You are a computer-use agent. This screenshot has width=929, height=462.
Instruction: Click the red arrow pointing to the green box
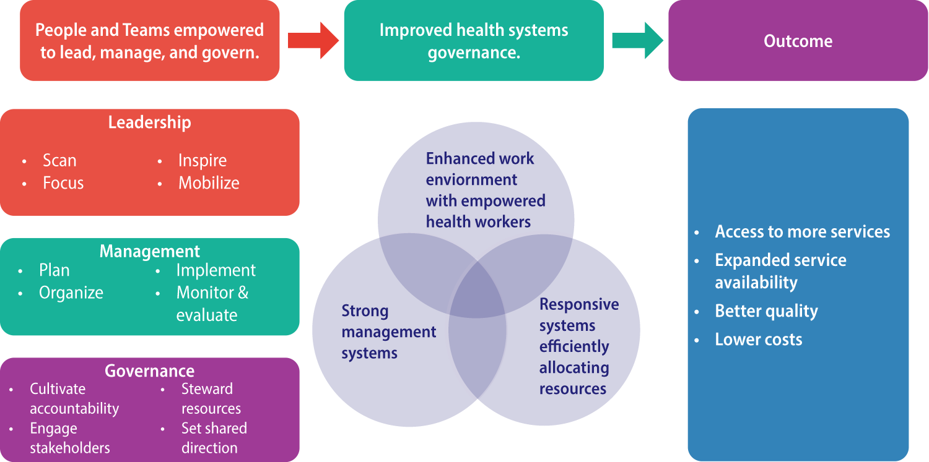(313, 41)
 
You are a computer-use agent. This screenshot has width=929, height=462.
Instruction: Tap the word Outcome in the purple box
(798, 41)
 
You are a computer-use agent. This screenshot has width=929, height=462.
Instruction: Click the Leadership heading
(149, 122)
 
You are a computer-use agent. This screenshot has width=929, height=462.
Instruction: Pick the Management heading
(149, 251)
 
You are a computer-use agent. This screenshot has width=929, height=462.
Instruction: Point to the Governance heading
(149, 371)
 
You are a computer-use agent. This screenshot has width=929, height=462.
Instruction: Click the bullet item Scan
(59, 161)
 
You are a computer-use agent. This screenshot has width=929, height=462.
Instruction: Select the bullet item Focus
(63, 183)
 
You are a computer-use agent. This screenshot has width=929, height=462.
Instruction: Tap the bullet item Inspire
(203, 161)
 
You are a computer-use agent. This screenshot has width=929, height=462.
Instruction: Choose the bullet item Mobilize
(209, 183)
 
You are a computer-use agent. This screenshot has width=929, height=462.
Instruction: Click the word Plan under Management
(55, 270)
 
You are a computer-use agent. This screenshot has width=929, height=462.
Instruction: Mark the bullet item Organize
(71, 293)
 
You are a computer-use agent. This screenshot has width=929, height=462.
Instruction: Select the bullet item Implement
(216, 270)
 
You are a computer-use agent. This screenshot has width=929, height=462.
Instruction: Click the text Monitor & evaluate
(212, 304)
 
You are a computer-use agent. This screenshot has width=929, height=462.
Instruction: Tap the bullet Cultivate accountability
(74, 399)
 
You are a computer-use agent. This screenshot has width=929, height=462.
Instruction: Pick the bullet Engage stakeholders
(69, 438)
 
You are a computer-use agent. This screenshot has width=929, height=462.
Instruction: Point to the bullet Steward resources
(211, 399)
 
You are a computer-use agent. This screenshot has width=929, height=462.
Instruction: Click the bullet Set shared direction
(214, 438)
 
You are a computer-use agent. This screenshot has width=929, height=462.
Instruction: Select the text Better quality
(766, 311)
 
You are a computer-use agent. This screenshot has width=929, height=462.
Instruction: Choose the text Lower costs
(758, 340)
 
